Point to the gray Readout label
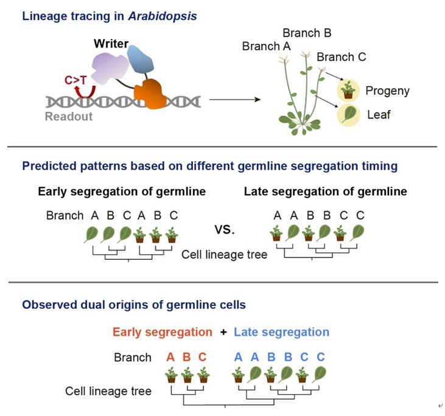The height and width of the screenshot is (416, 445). (x=69, y=116)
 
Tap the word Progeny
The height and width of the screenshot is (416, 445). (x=387, y=91)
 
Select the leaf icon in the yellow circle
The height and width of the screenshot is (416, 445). (x=349, y=114)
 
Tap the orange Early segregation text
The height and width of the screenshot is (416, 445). (x=163, y=332)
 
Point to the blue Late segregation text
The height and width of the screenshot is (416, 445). (x=281, y=332)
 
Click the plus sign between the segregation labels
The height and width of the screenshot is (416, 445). (x=223, y=332)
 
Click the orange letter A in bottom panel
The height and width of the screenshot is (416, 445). (x=171, y=357)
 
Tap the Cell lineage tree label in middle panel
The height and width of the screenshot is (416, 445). (x=224, y=255)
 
